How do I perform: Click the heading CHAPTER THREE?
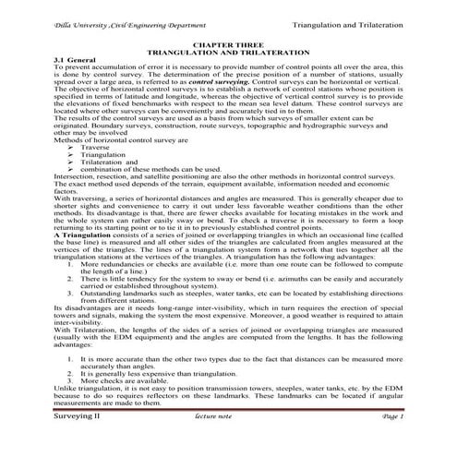click(x=227, y=43)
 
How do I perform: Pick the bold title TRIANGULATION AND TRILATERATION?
click(x=227, y=52)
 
